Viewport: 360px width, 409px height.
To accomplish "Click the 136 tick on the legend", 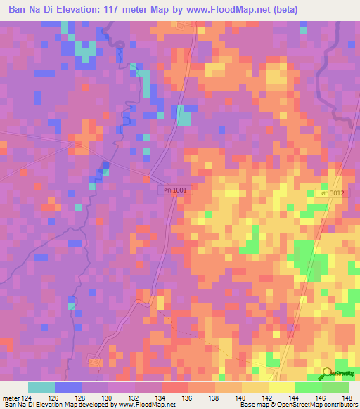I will click(188, 398).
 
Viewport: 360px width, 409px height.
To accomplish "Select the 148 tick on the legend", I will click(348, 398).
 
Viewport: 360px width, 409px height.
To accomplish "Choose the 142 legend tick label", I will click(269, 398).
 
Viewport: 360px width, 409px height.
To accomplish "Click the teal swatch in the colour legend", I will click(41, 387).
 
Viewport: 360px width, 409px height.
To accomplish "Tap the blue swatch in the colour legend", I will click(68, 387).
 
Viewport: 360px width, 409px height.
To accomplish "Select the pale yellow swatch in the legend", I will click(281, 387).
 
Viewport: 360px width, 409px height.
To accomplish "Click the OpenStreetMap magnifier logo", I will click(327, 373).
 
